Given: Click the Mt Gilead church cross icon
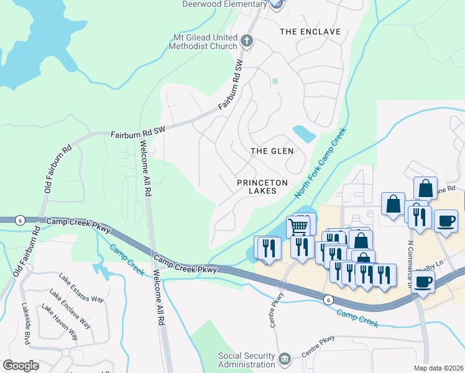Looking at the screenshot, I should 247,42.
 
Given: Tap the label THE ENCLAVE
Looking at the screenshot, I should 310,32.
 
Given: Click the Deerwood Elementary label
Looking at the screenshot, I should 224,4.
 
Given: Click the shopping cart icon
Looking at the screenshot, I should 299,226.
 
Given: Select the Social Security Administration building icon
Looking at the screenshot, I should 285,359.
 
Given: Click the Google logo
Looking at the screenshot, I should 21,366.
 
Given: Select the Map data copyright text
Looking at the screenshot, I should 439,368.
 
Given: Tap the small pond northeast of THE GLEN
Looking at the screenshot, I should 304,133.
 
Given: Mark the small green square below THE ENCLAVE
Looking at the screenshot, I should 275,81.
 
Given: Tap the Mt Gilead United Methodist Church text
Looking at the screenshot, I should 205,42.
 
